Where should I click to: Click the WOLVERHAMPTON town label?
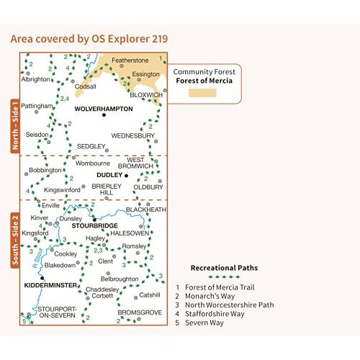(x=104, y=109)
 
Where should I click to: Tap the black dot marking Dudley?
(x=127, y=176)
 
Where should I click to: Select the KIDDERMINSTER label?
(x=50, y=285)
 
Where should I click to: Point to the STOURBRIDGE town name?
(x=95, y=225)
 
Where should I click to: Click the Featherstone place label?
(x=130, y=60)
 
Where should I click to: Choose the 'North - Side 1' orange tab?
(x=15, y=126)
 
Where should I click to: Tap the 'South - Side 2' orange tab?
(x=15, y=240)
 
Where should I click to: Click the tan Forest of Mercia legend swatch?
(x=202, y=93)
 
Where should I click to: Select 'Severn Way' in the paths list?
(x=204, y=323)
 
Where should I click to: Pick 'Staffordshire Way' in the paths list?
(x=215, y=314)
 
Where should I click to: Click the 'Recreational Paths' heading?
(x=224, y=268)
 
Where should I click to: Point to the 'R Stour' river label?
(x=37, y=258)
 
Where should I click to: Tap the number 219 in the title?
(x=160, y=39)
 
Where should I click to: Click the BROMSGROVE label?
(x=140, y=312)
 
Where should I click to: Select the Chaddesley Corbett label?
(x=102, y=292)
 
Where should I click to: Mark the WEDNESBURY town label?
(x=132, y=136)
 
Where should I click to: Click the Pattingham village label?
(x=37, y=106)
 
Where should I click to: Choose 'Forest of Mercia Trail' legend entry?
(x=220, y=287)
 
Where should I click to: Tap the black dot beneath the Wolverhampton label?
(x=104, y=115)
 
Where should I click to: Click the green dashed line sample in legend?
(x=224, y=277)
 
